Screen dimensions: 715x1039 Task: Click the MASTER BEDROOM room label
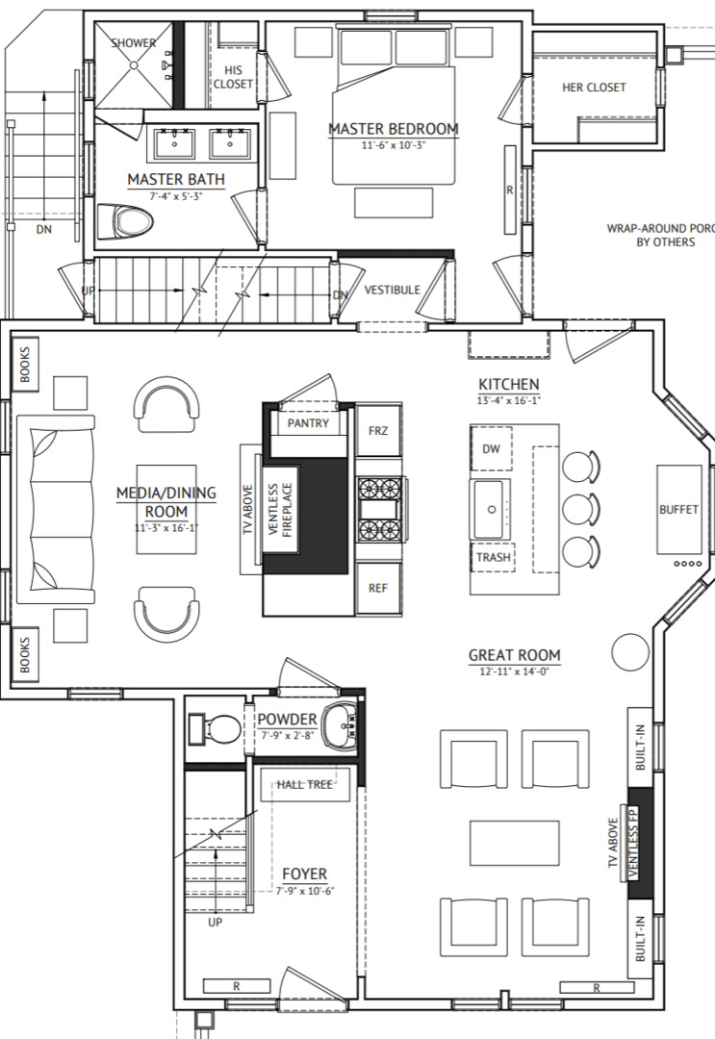(x=394, y=129)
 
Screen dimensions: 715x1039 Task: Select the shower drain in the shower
(x=133, y=65)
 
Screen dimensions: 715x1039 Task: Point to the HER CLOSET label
(x=594, y=87)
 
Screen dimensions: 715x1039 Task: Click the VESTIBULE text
(x=393, y=290)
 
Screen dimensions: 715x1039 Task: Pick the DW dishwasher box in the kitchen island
(x=491, y=448)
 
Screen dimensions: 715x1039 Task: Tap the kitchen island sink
(x=491, y=509)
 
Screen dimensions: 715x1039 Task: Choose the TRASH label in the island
(x=493, y=557)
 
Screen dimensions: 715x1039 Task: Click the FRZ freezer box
(x=378, y=431)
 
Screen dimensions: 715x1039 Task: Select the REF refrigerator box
(x=378, y=588)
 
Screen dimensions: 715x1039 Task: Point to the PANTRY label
(x=308, y=422)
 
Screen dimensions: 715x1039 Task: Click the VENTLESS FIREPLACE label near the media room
(x=281, y=510)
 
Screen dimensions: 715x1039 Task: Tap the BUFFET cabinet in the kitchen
(x=679, y=509)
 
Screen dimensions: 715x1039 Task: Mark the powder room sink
(x=341, y=725)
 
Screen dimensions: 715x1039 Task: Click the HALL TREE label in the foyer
(x=305, y=785)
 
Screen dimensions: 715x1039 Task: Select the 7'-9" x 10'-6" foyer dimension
(x=305, y=891)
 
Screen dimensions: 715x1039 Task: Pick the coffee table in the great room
(x=515, y=843)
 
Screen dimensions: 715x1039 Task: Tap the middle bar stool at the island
(x=581, y=509)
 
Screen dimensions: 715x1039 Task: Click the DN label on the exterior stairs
(x=43, y=229)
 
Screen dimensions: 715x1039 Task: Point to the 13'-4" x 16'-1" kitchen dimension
(x=509, y=400)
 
